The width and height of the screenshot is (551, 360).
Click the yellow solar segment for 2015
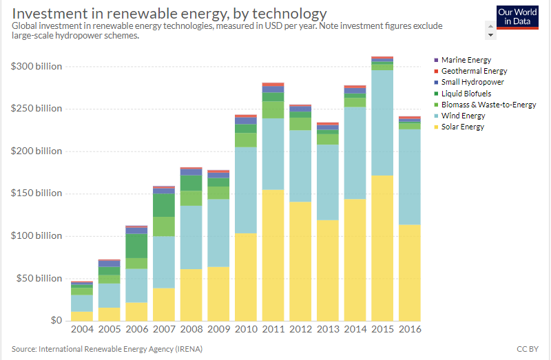[382, 248]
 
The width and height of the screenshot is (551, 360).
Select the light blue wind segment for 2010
[246, 190]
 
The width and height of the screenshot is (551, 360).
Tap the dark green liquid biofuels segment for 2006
[136, 246]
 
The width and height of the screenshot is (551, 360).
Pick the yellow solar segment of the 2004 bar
[82, 316]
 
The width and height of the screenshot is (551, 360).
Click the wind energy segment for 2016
[410, 177]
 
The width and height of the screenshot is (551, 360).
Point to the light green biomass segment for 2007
[164, 226]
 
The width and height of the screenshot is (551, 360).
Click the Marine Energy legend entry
[462, 60]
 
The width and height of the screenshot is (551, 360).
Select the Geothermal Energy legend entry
[470, 71]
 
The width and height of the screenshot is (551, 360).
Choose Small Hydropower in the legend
[469, 82]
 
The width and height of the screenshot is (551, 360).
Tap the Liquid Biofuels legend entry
[462, 94]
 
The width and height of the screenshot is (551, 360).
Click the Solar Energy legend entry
[459, 127]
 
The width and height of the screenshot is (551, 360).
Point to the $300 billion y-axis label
[37, 66]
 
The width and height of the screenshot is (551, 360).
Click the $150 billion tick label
[37, 193]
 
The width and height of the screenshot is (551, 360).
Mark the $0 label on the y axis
[56, 320]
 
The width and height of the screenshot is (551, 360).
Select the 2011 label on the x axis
[273, 329]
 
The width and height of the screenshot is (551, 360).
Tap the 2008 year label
[191, 329]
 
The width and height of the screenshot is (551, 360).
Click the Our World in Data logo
[517, 17]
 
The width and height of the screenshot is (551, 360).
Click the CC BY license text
[528, 349]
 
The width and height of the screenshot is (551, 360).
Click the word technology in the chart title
[289, 14]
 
